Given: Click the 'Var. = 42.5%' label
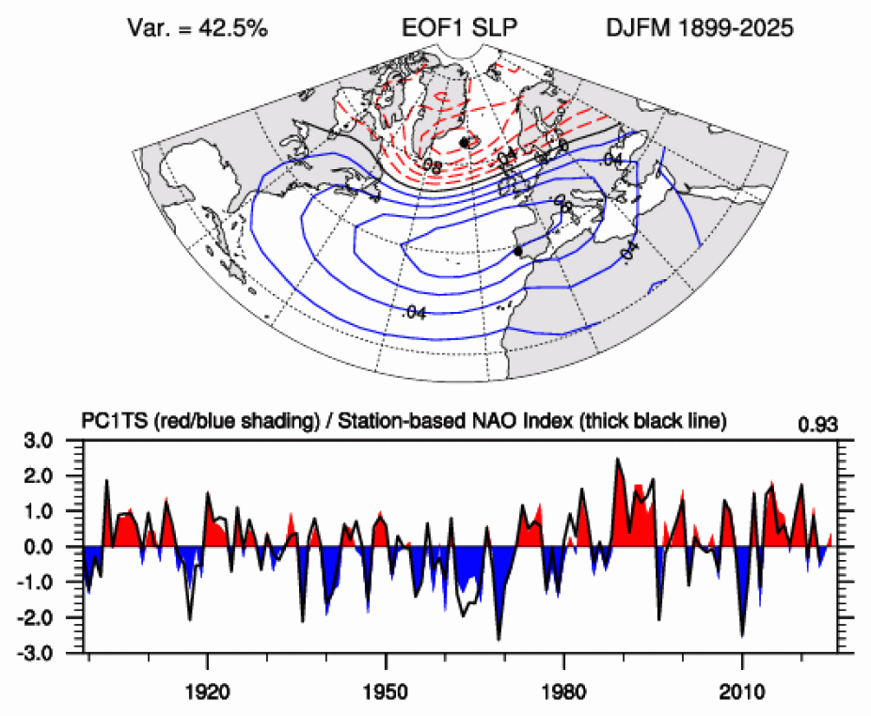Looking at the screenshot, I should click(198, 29).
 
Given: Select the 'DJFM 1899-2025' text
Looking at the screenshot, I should click(700, 29).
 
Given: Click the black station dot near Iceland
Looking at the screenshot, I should click(465, 142).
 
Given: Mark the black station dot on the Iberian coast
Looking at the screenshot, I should click(518, 251).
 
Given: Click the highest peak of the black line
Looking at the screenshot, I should click(617, 459).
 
